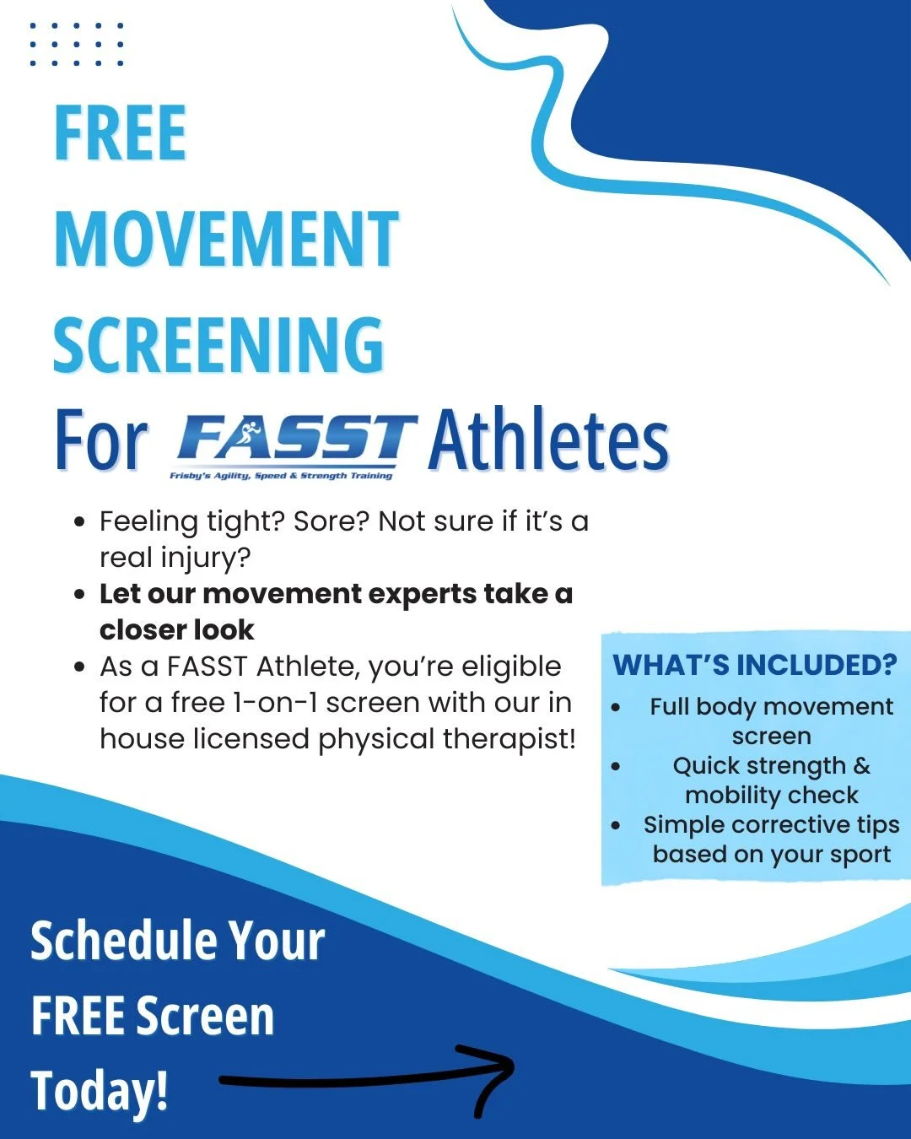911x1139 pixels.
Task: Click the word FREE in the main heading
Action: [x=120, y=133]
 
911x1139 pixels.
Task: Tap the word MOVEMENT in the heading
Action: [x=226, y=240]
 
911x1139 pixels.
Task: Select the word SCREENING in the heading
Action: [x=218, y=345]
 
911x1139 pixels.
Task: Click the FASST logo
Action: [x=295, y=440]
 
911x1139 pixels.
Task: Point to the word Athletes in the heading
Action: [x=548, y=440]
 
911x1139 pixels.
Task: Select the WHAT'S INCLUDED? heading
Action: [x=755, y=665]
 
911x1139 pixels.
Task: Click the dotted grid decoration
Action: [x=77, y=44]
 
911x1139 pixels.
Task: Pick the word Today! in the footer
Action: [x=100, y=1090]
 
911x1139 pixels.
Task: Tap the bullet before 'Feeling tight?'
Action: [x=80, y=522]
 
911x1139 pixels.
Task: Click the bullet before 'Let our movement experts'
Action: [x=80, y=595]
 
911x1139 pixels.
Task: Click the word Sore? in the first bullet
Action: [x=332, y=522]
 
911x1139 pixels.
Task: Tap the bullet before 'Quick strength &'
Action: [x=617, y=767]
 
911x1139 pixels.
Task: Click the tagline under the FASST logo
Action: [x=281, y=476]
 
